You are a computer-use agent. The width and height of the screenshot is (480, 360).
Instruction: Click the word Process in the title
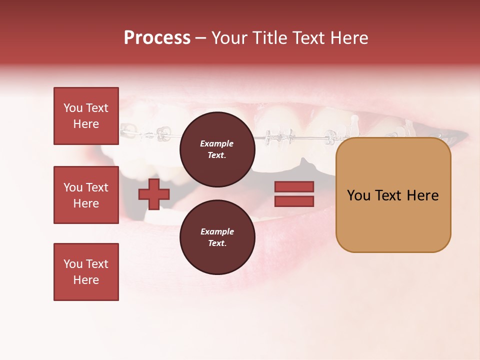point(157,38)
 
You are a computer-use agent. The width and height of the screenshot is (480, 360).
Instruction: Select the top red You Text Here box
point(86,116)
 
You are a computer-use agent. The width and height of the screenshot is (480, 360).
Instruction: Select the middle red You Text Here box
point(86,195)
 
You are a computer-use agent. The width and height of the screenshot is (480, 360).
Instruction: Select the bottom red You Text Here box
point(86,272)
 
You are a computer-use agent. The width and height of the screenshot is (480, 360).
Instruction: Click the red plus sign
point(154,194)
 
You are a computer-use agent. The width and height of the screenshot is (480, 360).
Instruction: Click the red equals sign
point(294,194)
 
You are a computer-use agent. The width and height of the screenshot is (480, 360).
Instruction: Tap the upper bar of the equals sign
point(294,187)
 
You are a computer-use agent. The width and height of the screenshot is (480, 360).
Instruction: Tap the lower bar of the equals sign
point(294,201)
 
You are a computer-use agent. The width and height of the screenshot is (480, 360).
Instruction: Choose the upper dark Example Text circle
point(217,149)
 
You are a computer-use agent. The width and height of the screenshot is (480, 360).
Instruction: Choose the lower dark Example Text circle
point(217,237)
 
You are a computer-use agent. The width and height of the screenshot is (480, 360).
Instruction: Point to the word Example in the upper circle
point(217,143)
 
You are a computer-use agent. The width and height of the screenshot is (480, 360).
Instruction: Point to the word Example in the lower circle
point(217,231)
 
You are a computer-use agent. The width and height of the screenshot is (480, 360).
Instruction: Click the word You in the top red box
point(72,108)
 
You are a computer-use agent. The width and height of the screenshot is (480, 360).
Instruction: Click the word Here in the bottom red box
point(86,280)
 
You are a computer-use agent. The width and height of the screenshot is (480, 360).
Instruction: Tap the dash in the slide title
point(200,38)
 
